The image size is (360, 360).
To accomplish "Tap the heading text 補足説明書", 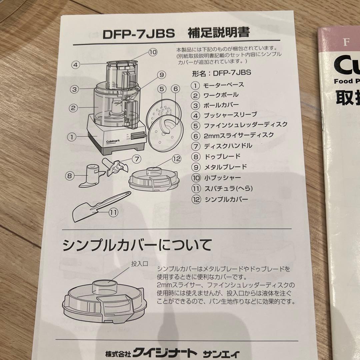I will click(x=219, y=33).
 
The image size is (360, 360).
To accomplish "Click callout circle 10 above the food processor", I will click(x=152, y=52).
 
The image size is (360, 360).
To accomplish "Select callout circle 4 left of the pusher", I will click(x=76, y=64).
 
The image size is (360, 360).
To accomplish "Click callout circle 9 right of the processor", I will click(x=162, y=75).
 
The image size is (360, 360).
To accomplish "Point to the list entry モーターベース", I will click(x=223, y=85).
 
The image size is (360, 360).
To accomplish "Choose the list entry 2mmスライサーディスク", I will click(x=238, y=135).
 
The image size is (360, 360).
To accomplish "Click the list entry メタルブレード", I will click(x=225, y=167).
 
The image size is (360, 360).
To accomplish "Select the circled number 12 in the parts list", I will click(x=195, y=199).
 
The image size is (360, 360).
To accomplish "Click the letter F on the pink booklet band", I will click(x=345, y=42).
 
